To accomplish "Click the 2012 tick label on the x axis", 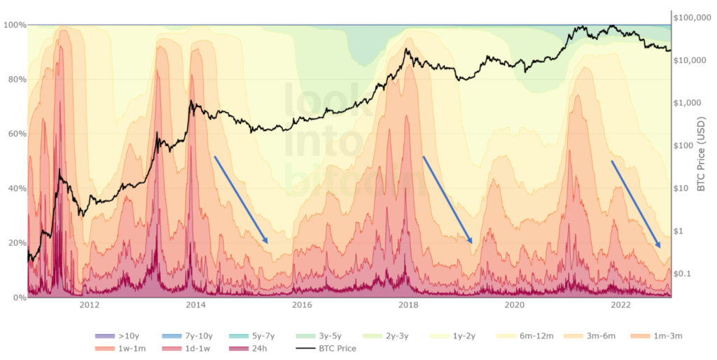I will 89,305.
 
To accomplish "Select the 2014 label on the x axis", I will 195,305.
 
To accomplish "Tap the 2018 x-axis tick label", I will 408,305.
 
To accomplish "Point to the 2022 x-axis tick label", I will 620,305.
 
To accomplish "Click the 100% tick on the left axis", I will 15,25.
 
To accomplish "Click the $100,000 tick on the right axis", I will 692,18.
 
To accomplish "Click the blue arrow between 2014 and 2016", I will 241,200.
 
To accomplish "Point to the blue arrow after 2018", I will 447,200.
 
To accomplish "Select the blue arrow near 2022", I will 636,204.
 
